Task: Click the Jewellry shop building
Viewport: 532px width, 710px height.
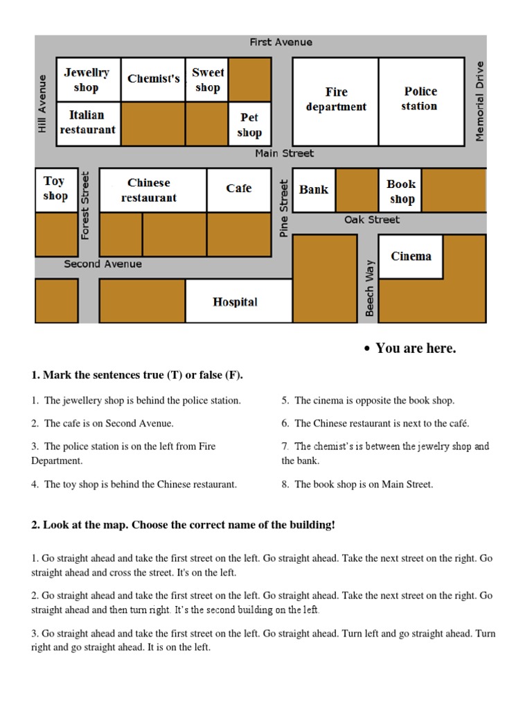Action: tap(87, 80)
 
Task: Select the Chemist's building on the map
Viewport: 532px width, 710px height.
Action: tap(153, 80)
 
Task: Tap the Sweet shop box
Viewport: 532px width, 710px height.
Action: tap(207, 80)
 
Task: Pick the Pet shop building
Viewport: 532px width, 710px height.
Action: tap(249, 125)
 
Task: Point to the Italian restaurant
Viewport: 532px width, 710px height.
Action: tap(87, 123)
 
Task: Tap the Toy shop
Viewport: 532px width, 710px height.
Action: tap(55, 189)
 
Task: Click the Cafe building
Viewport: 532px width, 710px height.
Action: tap(239, 189)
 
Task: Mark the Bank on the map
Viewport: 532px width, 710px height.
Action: tap(314, 190)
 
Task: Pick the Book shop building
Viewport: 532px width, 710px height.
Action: tap(401, 191)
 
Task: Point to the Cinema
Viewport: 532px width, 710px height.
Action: tap(411, 257)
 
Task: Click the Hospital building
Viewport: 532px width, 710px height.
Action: tap(236, 302)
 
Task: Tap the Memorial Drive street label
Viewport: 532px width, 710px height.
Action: tap(479, 101)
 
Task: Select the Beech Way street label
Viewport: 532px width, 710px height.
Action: tap(370, 288)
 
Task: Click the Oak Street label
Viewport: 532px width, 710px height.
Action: tap(372, 220)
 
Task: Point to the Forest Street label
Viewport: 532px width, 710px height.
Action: tap(86, 205)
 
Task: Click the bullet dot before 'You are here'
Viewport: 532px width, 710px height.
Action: tap(368, 349)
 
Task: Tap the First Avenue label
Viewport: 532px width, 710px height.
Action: tap(281, 42)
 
